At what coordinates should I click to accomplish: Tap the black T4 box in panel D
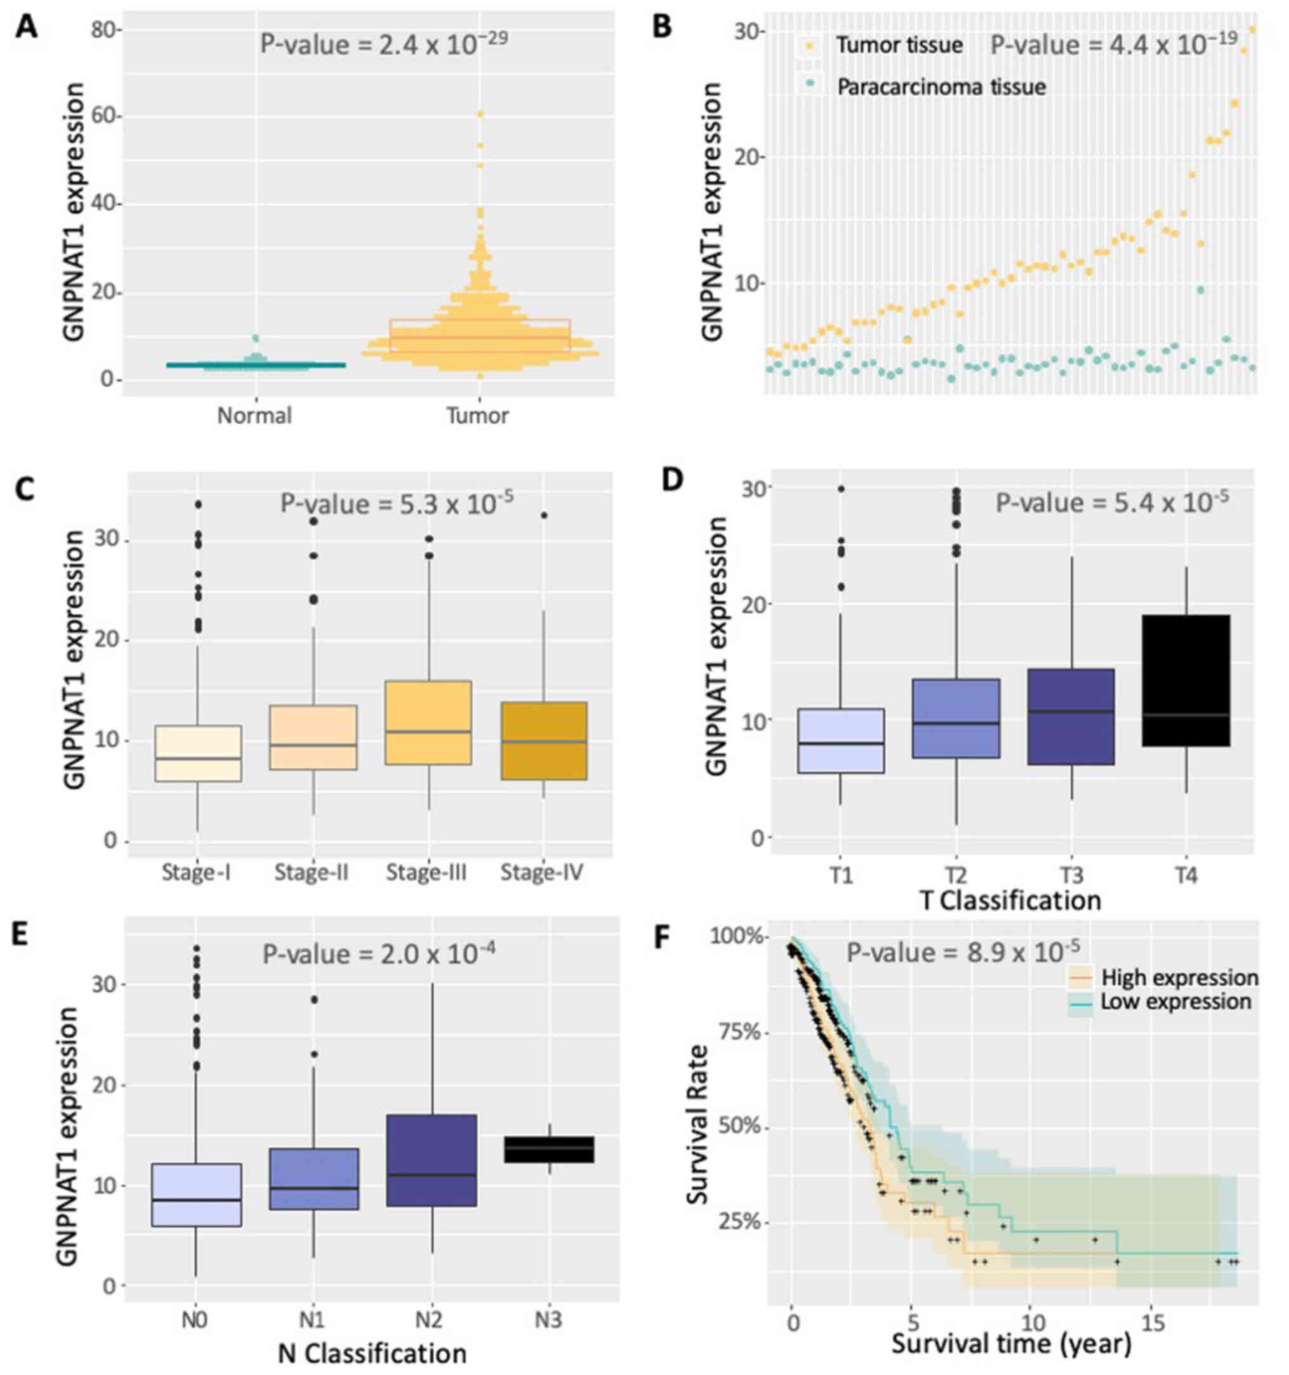[1186, 680]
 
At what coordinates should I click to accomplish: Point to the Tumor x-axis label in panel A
[477, 416]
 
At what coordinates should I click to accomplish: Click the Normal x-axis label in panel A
[254, 416]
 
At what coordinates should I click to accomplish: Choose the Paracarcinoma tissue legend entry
[941, 87]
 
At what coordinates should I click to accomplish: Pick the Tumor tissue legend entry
[899, 46]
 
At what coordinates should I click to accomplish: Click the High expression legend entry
[1179, 978]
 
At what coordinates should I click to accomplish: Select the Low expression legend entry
[1175, 1002]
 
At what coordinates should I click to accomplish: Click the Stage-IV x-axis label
[541, 873]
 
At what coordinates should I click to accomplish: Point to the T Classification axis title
[1010, 901]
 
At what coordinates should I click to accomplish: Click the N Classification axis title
[372, 1353]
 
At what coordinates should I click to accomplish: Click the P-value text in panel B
[1113, 44]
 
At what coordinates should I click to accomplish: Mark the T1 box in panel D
[840, 741]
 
